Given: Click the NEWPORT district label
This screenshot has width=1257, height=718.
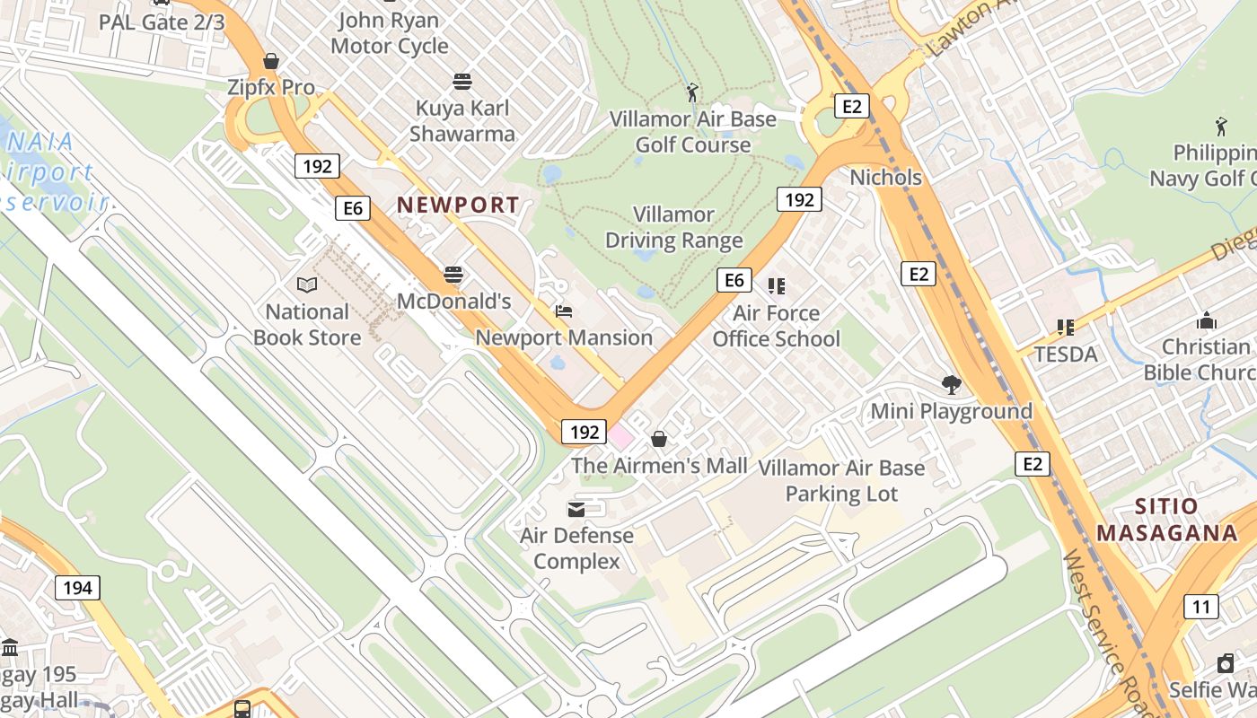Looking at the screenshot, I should [458, 205].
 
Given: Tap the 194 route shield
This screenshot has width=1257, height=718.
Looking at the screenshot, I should [77, 588].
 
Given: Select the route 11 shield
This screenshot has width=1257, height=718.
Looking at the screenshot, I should [1201, 607].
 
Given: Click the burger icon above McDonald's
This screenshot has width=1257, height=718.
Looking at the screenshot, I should [453, 275].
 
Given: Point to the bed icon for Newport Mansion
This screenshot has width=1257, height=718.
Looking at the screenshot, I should [564, 311].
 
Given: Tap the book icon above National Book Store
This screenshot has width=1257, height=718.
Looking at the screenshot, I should [307, 285].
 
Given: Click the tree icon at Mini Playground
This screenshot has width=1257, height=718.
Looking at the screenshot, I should [952, 385].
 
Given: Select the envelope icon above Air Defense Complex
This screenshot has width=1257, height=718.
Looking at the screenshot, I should [576, 510].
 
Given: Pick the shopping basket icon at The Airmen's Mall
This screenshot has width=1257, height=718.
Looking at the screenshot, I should [659, 439].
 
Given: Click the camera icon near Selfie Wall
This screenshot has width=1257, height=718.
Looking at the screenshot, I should [1225, 663].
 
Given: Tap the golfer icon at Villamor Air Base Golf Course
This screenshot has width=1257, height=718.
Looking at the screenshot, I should [691, 92].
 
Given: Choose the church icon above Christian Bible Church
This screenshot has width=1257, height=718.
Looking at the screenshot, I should [1206, 320].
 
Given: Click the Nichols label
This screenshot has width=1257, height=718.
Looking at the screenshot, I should [885, 178].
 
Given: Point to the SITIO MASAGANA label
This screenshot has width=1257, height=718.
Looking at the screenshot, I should [1166, 520].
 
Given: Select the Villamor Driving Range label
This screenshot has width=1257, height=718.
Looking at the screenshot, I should [673, 228].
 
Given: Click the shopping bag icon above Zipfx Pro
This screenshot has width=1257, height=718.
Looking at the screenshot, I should [271, 61].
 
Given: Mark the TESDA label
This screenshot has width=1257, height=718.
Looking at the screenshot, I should [1066, 355].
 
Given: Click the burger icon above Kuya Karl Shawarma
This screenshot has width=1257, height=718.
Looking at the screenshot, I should [462, 82].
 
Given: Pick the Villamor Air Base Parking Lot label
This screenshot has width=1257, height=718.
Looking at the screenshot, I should [841, 481].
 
